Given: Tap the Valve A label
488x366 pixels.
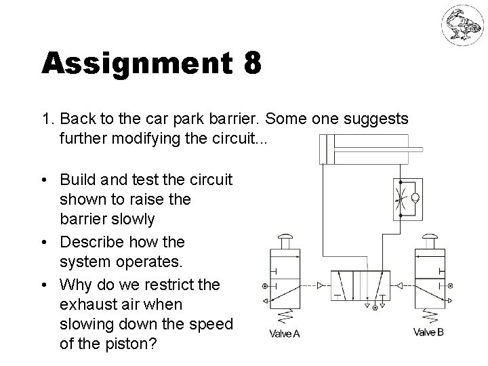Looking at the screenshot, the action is pyautogui.click(x=285, y=332).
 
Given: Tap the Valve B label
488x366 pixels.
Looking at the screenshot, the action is pyautogui.click(x=430, y=332).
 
